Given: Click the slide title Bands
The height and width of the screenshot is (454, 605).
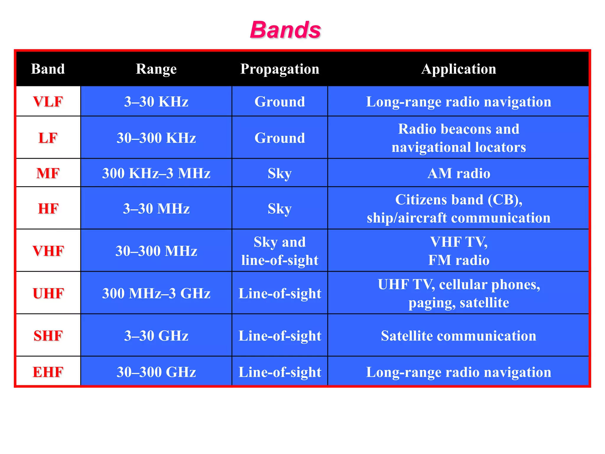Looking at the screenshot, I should point(285,30).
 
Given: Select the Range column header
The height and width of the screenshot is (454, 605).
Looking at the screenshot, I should point(156,69).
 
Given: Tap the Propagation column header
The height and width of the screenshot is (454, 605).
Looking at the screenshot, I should point(280,69).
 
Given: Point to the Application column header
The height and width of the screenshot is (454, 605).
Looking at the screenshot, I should point(458,69).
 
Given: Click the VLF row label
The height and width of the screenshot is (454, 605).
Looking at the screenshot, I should point(48,102).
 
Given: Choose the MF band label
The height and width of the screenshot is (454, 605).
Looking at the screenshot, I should point(48,173).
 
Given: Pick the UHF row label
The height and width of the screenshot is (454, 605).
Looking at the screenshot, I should point(48,293).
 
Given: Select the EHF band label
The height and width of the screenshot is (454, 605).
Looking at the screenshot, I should point(48,372).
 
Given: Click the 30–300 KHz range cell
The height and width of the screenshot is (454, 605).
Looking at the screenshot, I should point(156,138).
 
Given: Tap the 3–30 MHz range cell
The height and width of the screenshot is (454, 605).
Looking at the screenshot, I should point(156,209).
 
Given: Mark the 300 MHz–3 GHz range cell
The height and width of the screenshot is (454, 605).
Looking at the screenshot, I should point(156,293).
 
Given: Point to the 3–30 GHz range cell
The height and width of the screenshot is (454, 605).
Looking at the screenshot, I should point(156,336).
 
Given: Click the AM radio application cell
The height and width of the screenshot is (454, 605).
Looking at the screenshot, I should point(458,173).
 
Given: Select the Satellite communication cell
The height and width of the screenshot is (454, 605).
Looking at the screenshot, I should point(458,336).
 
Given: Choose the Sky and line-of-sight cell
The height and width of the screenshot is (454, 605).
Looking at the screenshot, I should point(280,251).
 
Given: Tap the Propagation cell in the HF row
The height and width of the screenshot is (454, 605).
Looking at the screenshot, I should point(280,209).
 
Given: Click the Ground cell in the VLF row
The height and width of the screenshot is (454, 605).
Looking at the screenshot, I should point(280,102).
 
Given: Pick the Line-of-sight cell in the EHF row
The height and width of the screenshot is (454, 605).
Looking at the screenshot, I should point(280,372).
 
